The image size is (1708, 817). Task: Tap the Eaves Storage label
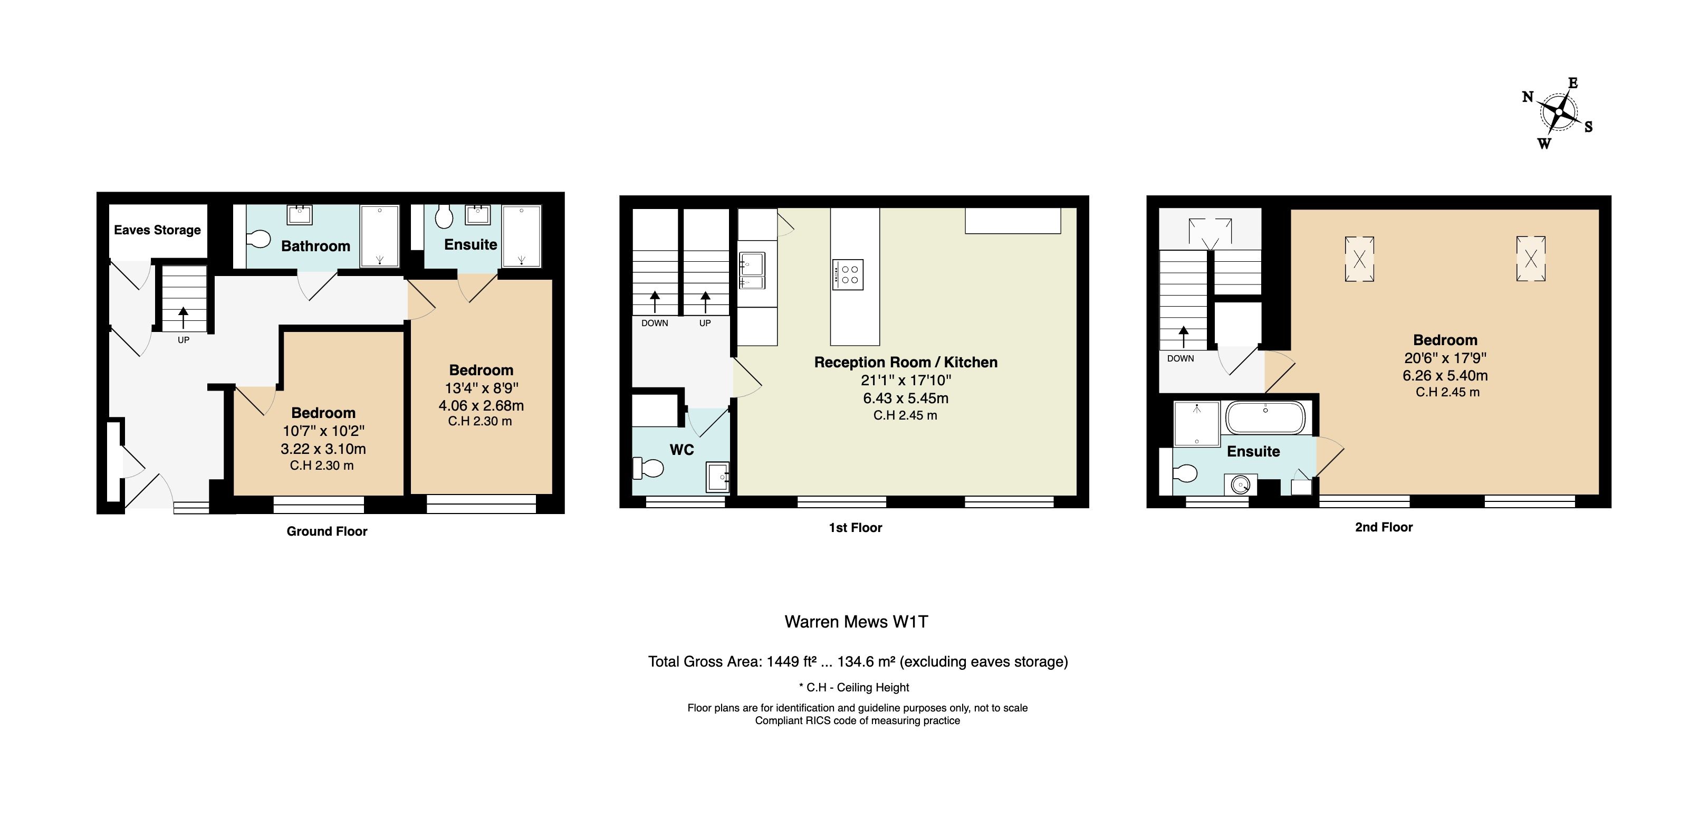point(157,230)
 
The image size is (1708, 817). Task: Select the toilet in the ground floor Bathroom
point(258,239)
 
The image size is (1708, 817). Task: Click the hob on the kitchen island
point(848,274)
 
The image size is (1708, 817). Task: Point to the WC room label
point(682,450)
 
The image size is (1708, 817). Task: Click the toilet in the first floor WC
point(648,468)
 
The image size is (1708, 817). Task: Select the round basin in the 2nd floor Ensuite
point(1240,484)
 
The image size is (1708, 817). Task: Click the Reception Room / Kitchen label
point(906,362)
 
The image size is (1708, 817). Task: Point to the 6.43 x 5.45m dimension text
point(906,398)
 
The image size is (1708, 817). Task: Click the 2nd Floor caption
point(1384,527)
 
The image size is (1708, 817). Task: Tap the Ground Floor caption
point(327,531)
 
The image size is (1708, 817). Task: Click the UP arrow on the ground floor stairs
point(183,318)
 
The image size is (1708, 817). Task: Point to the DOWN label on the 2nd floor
point(1180,358)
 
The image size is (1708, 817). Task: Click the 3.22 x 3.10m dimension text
point(323,449)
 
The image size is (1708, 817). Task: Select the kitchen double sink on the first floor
point(752,271)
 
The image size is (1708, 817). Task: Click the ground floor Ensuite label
point(471,245)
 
